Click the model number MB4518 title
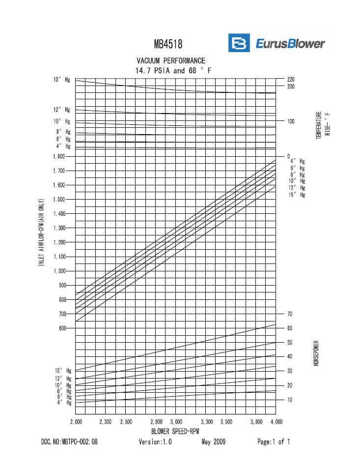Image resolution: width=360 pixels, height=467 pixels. tap(168, 44)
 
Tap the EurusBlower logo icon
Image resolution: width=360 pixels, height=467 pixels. tap(239, 43)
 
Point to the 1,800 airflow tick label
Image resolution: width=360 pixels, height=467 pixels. tap(58, 156)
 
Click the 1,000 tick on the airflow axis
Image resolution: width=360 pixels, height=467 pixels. tap(58, 271)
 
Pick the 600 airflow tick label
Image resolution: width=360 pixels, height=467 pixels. tap(62, 328)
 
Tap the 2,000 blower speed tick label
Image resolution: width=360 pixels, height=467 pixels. tap(76, 422)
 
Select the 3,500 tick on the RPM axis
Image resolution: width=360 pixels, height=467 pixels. tap(226, 422)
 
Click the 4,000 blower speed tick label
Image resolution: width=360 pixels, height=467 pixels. tap(276, 422)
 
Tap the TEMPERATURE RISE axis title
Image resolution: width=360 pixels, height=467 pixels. tap(323, 125)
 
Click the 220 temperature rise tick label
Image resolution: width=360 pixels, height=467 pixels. tap(291, 79)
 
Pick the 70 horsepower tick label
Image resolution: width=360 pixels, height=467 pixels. tap(290, 314)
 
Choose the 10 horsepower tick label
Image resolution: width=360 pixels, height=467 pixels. tap(290, 400)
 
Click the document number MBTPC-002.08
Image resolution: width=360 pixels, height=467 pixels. tap(69, 442)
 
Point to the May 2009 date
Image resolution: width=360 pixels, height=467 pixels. tap(213, 442)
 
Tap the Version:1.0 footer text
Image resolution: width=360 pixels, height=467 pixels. tap(155, 442)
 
